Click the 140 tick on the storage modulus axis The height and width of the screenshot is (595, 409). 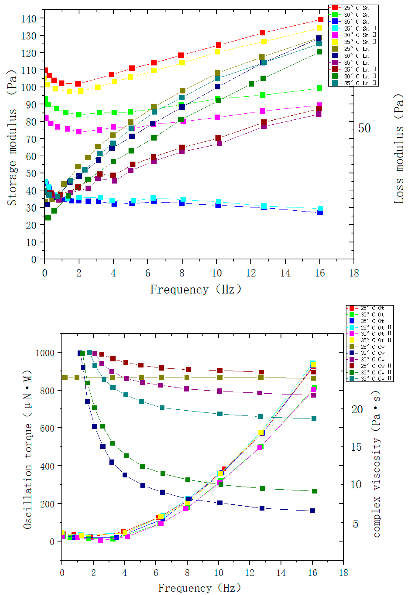tap(28, 19)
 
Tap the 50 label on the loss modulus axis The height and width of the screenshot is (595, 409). tap(364, 128)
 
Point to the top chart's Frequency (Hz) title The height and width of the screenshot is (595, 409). tap(195, 289)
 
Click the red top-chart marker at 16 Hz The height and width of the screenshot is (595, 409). tap(321, 19)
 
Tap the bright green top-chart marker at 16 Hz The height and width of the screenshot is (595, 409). tap(319, 88)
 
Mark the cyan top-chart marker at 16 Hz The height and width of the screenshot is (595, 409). tap(320, 208)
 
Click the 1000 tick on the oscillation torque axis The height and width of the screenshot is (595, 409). tap(45, 353)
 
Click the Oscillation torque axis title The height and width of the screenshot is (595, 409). tap(28, 449)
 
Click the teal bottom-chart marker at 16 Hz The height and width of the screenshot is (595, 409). tap(314, 419)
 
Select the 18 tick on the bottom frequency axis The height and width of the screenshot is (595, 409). tap(343, 573)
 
